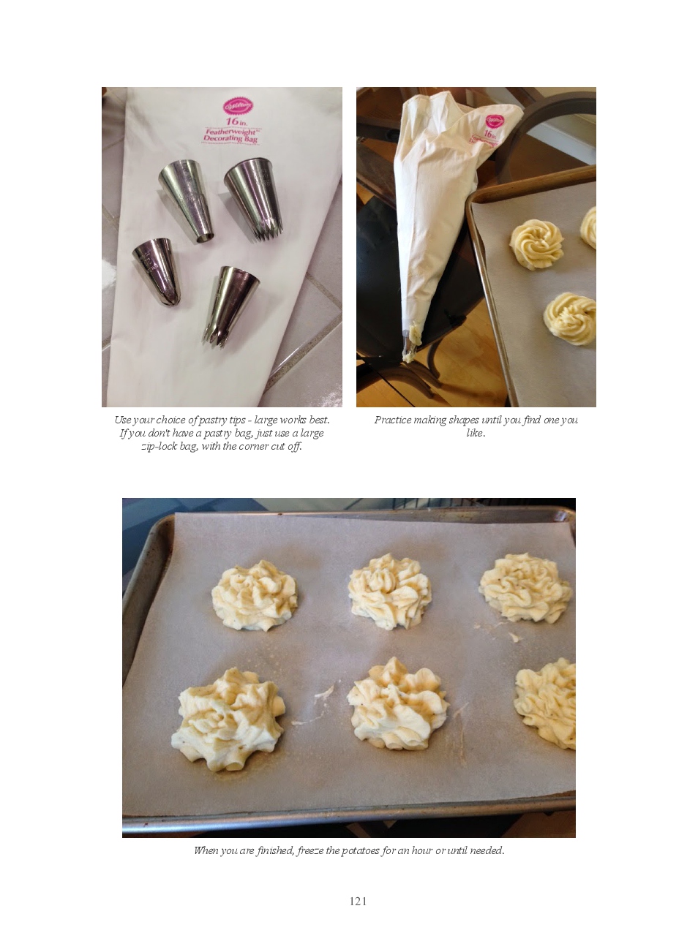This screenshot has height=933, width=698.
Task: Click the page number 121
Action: pyautogui.click(x=358, y=901)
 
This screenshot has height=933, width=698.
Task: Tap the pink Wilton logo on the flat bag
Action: pyautogui.click(x=238, y=106)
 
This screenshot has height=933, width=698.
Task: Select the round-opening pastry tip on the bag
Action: pyautogui.click(x=187, y=200)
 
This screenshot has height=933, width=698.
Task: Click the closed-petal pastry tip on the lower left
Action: pyautogui.click(x=157, y=271)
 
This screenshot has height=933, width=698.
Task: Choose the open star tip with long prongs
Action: pyautogui.click(x=230, y=306)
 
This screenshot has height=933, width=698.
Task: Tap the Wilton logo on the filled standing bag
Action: pyautogui.click(x=495, y=121)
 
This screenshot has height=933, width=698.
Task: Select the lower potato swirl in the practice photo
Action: pyautogui.click(x=570, y=318)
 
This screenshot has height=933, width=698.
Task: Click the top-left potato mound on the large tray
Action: pyautogui.click(x=255, y=595)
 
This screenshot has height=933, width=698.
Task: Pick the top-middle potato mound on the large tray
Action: pyautogui.click(x=390, y=591)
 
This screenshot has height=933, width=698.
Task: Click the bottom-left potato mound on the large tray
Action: pyautogui.click(x=228, y=719)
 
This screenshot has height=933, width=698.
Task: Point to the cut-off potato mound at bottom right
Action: pyautogui.click(x=545, y=703)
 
